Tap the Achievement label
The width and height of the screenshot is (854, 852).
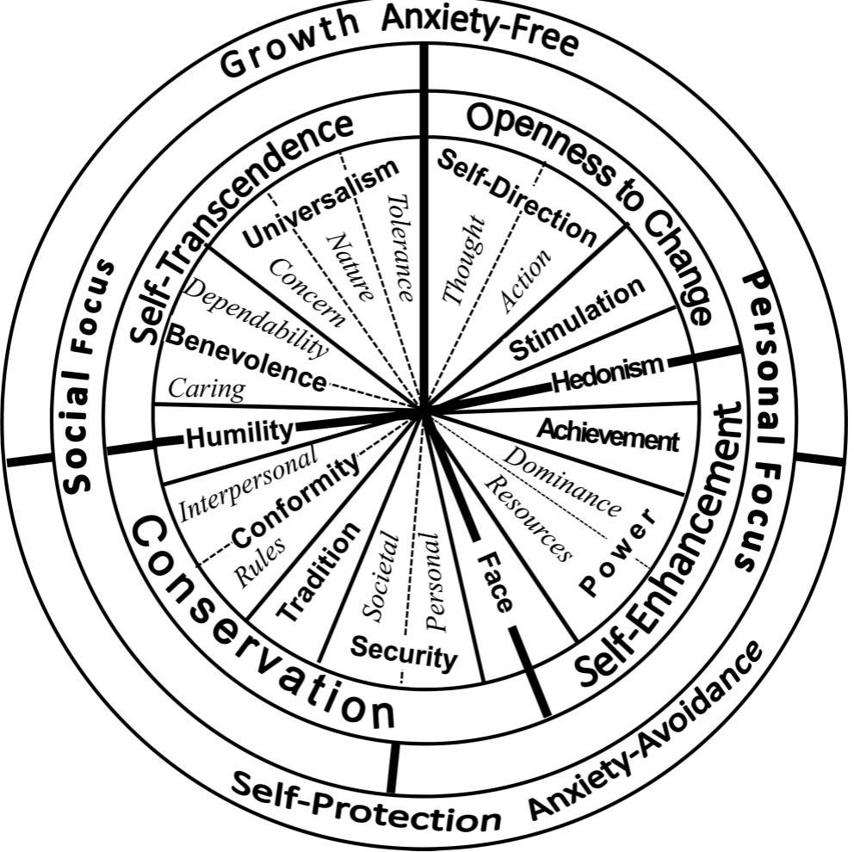[x=608, y=435]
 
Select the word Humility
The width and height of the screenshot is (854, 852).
[x=239, y=433]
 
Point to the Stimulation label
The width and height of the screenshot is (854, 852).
[x=577, y=319]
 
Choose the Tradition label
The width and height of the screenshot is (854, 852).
[x=319, y=573]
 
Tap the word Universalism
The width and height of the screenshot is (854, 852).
[x=321, y=203]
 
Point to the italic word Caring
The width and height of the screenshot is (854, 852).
[x=207, y=389]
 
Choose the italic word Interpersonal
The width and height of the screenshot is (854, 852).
[x=249, y=482]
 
